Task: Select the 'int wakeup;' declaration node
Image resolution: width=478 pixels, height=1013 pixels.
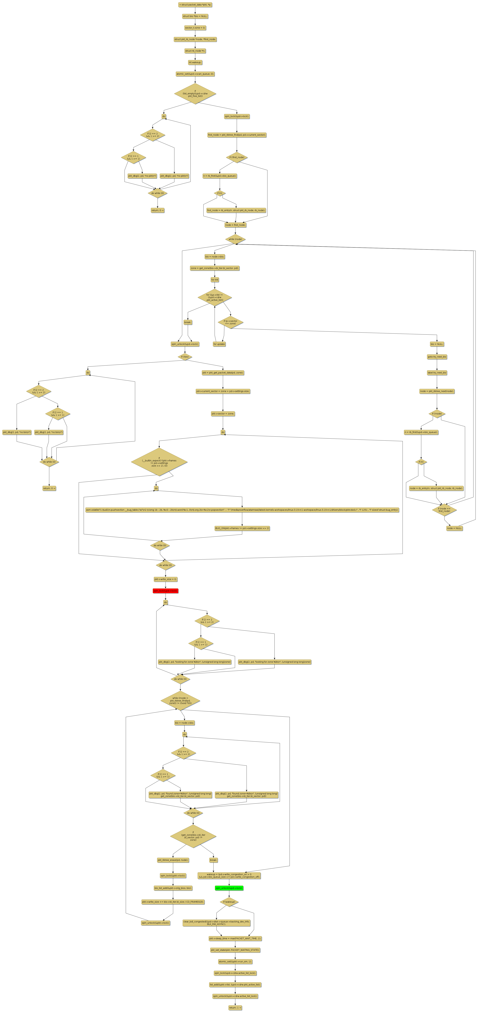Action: coord(195,62)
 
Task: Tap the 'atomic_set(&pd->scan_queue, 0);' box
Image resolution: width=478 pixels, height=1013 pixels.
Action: coord(195,74)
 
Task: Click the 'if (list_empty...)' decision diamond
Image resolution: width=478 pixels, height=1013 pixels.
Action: coord(195,94)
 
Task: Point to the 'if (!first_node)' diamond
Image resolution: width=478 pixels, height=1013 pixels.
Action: coord(237,157)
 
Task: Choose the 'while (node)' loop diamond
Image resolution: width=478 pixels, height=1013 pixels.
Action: coord(235,239)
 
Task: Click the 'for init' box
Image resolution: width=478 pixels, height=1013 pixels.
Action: coord(215,280)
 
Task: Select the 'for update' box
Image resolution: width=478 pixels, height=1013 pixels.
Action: coord(219,344)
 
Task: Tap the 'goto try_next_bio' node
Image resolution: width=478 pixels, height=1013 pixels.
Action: coord(437,357)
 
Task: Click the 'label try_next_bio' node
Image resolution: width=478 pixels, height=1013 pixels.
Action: coord(437,372)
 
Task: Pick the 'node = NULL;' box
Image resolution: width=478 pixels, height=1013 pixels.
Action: coord(454,528)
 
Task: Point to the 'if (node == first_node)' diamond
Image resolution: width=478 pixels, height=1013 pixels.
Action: coord(444,510)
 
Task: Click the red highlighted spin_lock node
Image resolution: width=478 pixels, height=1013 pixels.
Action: coord(166,591)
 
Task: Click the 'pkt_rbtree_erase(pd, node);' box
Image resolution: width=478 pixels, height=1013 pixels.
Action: coord(173,860)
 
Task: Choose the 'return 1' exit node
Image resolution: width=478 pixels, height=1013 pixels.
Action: coord(235,1008)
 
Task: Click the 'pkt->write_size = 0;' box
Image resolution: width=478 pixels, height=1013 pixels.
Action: coord(166,579)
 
